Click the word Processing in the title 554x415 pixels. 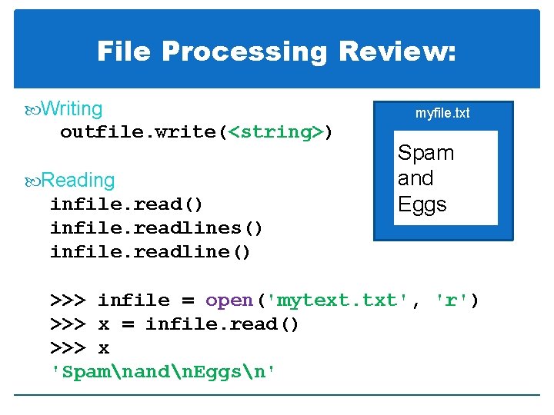click(x=245, y=51)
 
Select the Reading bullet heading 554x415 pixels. click(x=77, y=180)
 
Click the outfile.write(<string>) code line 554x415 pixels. click(x=197, y=132)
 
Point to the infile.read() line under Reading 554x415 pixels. click(x=127, y=204)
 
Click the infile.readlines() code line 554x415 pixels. click(x=157, y=228)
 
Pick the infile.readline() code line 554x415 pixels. click(x=151, y=252)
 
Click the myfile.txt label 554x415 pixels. click(x=442, y=113)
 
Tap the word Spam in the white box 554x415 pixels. click(x=426, y=153)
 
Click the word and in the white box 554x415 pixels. click(x=415, y=178)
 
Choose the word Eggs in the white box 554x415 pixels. click(x=422, y=204)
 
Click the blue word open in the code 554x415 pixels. click(x=229, y=300)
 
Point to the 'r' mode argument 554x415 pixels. click(x=450, y=300)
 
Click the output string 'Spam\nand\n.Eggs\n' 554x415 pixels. click(x=163, y=372)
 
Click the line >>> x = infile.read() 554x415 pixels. click(x=175, y=324)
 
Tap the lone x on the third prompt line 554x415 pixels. click(x=104, y=348)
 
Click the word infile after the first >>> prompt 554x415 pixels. click(x=134, y=300)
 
